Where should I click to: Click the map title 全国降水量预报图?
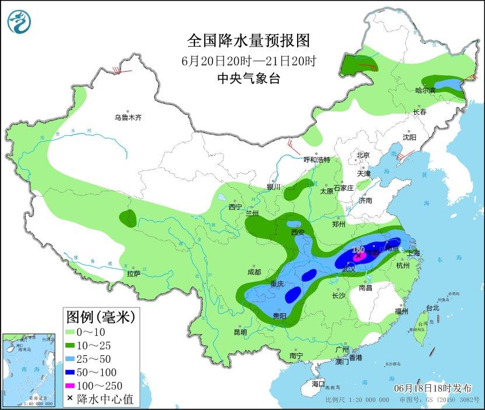coord(247,40)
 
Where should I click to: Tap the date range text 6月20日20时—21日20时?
coord(248,60)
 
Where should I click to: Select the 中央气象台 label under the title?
coord(248,79)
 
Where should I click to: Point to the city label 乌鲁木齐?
coord(128,117)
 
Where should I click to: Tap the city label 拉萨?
coord(133,273)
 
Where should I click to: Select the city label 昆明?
coord(240,332)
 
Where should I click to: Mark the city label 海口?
coord(317,384)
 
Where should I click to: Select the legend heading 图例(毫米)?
coord(100,317)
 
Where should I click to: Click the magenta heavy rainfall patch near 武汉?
coord(361,255)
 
